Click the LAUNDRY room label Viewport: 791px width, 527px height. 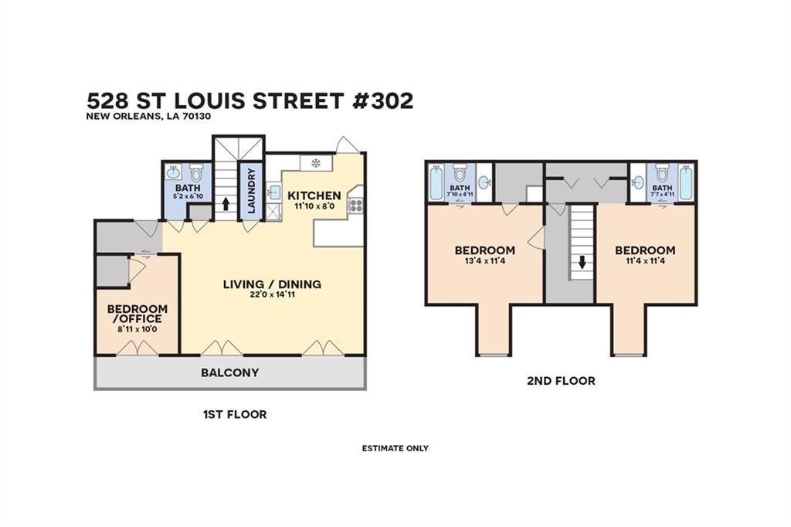pyautogui.click(x=252, y=190)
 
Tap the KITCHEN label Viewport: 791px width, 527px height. pyautogui.click(x=314, y=195)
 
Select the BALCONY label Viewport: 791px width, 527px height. pyautogui.click(x=230, y=372)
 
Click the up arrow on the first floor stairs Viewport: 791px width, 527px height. pyautogui.click(x=226, y=203)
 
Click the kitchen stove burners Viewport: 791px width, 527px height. pyautogui.click(x=356, y=205)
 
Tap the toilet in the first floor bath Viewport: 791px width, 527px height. pyautogui.click(x=195, y=172)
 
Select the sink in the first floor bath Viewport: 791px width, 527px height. pyautogui.click(x=173, y=172)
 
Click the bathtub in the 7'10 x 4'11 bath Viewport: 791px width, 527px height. pyautogui.click(x=435, y=182)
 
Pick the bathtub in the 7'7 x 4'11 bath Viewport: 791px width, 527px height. pyautogui.click(x=686, y=182)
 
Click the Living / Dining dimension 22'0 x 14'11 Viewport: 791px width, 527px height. pyautogui.click(x=273, y=294)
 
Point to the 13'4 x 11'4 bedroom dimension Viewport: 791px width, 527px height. pyautogui.click(x=485, y=261)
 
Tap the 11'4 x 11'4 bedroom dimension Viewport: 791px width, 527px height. pyautogui.click(x=645, y=261)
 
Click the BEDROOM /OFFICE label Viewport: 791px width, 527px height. pyautogui.click(x=137, y=314)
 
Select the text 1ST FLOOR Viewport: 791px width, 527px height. pyautogui.click(x=235, y=414)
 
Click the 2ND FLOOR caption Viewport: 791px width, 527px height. pyautogui.click(x=561, y=381)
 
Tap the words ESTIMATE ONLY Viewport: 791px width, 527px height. pyautogui.click(x=395, y=448)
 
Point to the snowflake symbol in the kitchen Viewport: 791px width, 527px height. pyautogui.click(x=316, y=162)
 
